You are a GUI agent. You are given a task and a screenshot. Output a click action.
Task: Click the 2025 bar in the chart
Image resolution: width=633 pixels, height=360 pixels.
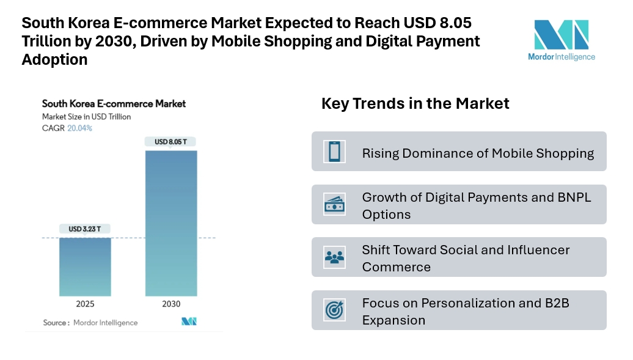point(86,266)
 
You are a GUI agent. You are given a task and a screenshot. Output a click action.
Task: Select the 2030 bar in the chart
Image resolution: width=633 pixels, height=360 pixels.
point(171,223)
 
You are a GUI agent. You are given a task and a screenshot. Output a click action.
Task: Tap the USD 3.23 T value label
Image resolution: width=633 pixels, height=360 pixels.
point(86,229)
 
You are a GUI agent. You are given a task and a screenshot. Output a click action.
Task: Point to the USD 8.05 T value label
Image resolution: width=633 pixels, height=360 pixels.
point(171,142)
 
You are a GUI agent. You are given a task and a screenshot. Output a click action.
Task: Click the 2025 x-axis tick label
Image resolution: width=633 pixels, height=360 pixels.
point(86,304)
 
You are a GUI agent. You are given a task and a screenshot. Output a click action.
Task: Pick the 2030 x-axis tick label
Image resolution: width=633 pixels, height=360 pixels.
point(171,304)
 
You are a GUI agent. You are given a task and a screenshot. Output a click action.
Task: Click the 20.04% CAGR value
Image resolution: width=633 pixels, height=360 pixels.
point(80,128)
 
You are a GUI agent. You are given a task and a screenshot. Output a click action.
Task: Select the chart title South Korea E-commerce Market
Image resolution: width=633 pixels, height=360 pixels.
point(114,104)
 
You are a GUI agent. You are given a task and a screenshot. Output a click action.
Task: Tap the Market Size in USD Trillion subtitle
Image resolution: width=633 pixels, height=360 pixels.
point(86,116)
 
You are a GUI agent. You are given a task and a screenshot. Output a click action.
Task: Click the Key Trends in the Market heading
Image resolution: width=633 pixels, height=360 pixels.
point(415,104)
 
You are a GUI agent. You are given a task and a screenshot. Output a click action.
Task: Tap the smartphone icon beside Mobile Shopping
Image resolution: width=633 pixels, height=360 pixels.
point(335,152)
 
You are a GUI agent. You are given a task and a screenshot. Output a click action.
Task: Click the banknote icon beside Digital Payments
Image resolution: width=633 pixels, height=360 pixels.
point(335,205)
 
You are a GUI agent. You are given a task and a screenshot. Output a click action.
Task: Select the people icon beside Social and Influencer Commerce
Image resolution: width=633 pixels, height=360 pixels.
point(335,257)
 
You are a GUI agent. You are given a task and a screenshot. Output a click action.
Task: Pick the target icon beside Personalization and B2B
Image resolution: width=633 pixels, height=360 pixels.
point(335,310)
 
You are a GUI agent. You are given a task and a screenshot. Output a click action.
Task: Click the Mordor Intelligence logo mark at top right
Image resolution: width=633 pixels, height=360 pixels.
point(561,35)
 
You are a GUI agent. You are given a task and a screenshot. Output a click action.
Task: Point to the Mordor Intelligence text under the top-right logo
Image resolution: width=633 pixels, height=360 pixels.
point(561,57)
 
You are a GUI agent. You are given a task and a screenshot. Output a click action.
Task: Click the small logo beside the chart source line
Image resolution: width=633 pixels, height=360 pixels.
point(189,322)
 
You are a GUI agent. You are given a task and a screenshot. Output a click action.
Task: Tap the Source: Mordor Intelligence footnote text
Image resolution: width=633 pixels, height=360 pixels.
point(90,323)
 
